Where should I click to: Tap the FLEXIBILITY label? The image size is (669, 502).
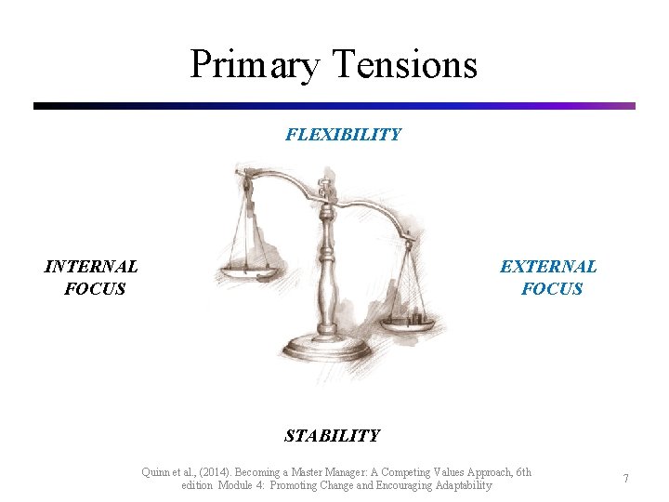click(343, 135)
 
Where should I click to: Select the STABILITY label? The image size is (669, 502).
click(332, 435)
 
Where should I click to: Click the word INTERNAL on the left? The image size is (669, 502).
click(91, 267)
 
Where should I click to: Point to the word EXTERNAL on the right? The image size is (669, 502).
click(548, 267)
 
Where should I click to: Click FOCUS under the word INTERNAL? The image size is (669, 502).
click(95, 289)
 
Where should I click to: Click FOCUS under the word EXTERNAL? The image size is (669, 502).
click(552, 289)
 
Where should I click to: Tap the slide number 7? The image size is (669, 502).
click(626, 479)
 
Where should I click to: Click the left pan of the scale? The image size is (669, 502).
click(246, 273)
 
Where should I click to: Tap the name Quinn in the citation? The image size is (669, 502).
click(157, 472)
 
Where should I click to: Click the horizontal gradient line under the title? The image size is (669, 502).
click(334, 106)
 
